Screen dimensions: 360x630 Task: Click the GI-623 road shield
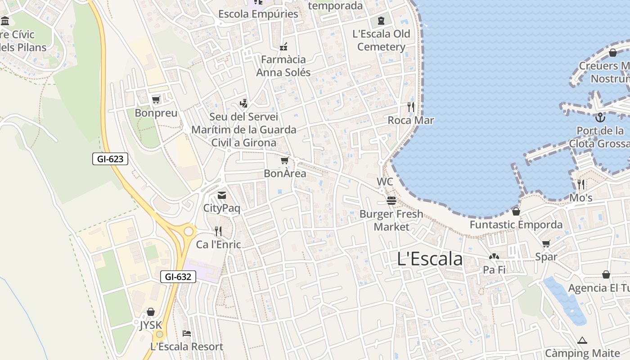(110, 159)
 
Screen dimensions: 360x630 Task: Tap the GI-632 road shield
(178, 277)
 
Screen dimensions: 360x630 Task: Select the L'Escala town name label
(430, 259)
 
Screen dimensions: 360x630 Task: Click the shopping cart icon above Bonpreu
(156, 99)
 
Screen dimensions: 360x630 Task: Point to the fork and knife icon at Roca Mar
(410, 107)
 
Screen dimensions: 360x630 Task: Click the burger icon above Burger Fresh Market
(391, 200)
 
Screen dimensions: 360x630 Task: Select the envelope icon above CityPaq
(221, 195)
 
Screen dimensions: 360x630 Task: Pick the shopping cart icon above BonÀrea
(284, 160)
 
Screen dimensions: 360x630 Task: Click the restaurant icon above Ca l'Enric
(218, 231)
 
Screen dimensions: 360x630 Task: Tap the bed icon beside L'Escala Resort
(187, 333)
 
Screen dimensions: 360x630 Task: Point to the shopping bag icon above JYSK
(151, 312)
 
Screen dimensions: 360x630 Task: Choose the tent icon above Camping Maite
(582, 340)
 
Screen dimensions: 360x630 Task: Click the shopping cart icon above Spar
(546, 244)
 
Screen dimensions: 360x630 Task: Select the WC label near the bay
(385, 182)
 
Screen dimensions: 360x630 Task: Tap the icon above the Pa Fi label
(494, 256)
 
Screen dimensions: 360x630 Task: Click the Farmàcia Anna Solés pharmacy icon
(283, 46)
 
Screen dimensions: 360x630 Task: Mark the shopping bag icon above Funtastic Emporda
(516, 211)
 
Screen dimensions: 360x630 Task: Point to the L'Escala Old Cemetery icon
(381, 20)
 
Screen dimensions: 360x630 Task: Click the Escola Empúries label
(258, 14)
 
